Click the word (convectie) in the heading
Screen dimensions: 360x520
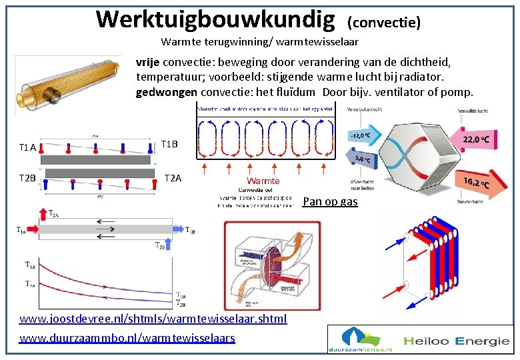point(383,23)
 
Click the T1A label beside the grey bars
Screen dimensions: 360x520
point(27,147)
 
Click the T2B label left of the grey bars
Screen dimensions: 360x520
point(27,178)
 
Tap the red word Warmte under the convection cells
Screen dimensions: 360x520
point(263,181)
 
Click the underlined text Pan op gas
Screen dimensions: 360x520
point(330,201)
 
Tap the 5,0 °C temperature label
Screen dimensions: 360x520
point(364,159)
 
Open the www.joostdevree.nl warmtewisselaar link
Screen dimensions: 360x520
point(153,319)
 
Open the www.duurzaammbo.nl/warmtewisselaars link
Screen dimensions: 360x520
point(127,338)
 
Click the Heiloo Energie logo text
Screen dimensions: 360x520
point(460,341)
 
